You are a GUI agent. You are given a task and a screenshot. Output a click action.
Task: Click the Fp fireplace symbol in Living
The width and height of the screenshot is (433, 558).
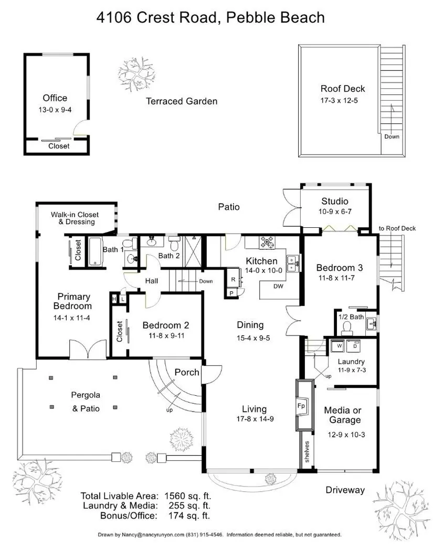(301, 406)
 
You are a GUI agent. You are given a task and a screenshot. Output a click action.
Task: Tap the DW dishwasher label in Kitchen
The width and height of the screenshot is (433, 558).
(278, 286)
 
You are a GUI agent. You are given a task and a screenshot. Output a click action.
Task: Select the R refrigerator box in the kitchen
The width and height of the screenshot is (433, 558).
(234, 280)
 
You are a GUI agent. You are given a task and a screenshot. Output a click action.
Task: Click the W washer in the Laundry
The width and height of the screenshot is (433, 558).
(339, 345)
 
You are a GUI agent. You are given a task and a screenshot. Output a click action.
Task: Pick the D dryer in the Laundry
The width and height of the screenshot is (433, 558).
(354, 345)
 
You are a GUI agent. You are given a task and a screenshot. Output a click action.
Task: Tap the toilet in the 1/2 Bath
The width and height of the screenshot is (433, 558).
(347, 328)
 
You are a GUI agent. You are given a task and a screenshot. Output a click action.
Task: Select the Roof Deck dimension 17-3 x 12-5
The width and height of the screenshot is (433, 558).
(339, 100)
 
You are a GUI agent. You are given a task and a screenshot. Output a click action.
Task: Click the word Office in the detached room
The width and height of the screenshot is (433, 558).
(55, 98)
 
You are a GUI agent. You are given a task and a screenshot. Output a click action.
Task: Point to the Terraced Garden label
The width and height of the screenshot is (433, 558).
(182, 101)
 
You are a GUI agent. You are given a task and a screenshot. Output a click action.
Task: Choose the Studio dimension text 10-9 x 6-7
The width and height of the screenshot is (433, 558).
(335, 212)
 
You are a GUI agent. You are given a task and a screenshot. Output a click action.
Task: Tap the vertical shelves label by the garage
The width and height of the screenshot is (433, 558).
(307, 452)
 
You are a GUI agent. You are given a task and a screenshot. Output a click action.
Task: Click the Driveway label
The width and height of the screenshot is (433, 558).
(345, 490)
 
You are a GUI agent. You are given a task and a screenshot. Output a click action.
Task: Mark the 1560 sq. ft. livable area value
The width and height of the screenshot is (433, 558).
(188, 496)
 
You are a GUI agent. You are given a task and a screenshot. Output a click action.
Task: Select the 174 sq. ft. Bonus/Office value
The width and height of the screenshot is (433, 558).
(189, 515)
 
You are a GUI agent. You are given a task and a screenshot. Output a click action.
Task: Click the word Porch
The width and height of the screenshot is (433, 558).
(187, 372)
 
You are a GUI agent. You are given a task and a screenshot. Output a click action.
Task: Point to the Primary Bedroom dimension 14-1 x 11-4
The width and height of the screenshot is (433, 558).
(72, 318)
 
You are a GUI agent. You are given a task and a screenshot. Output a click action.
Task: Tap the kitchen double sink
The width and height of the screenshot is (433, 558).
(292, 263)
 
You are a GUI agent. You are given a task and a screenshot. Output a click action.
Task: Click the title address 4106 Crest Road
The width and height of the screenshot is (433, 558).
(156, 17)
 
